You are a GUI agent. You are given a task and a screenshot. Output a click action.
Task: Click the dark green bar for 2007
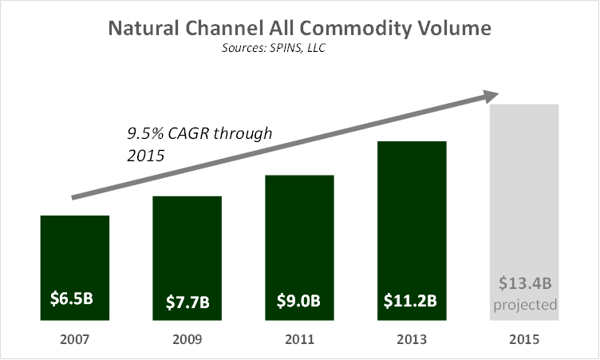[x=74, y=255]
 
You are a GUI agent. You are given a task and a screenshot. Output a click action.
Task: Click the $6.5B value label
[x=74, y=299]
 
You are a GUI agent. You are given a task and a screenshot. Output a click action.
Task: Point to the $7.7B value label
[x=187, y=301]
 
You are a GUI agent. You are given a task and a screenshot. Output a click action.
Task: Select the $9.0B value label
[x=299, y=301]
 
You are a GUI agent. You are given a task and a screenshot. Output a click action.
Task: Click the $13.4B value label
[x=524, y=283]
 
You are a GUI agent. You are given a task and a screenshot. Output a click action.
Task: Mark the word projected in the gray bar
[x=524, y=305]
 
